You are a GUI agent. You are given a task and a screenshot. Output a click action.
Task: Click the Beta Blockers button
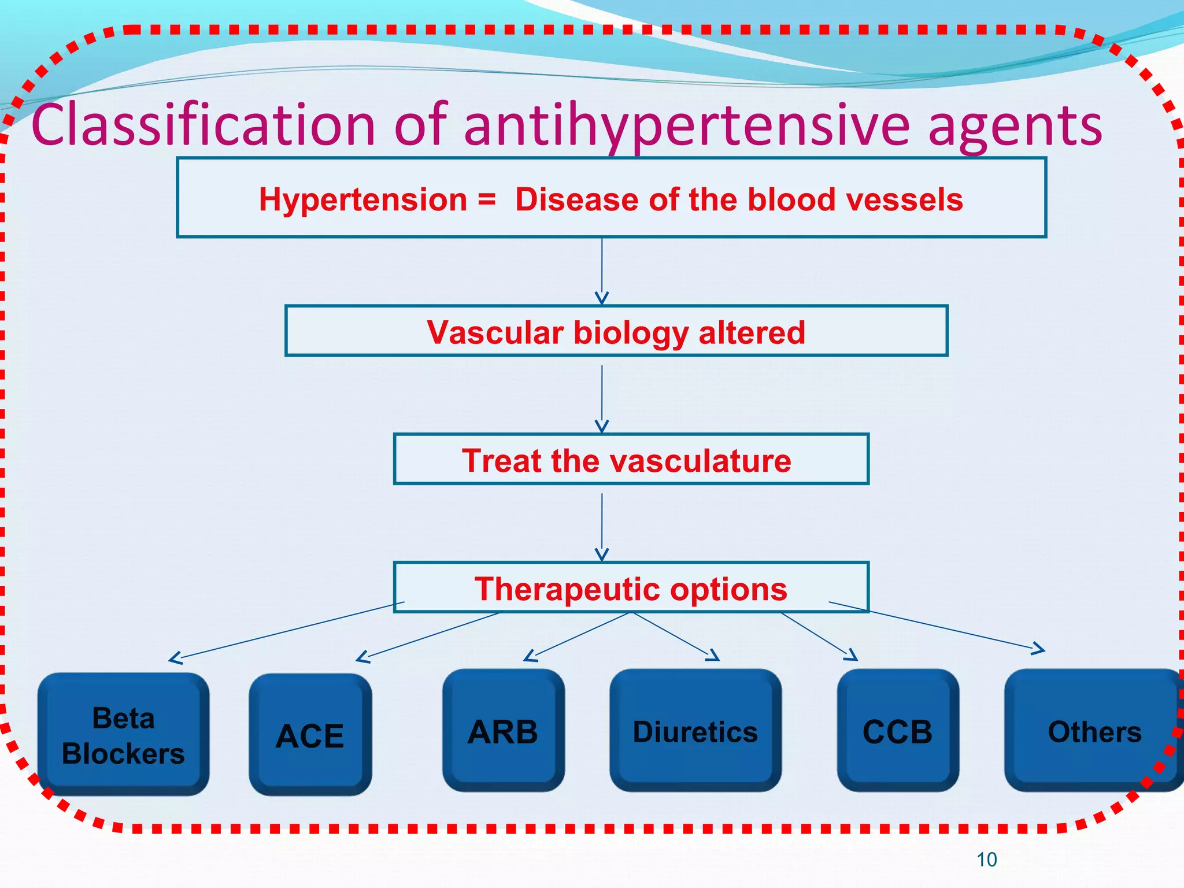pyautogui.click(x=123, y=735)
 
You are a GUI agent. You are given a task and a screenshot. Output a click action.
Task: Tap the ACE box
pyautogui.click(x=310, y=735)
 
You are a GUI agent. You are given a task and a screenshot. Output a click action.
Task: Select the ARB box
pyautogui.click(x=503, y=731)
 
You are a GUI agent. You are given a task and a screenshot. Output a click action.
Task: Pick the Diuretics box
pyautogui.click(x=695, y=731)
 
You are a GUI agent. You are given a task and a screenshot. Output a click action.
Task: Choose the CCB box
pyautogui.click(x=897, y=731)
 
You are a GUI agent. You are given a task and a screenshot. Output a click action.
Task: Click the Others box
pyautogui.click(x=1094, y=731)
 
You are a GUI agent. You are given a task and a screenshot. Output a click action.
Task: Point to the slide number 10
pyautogui.click(x=986, y=860)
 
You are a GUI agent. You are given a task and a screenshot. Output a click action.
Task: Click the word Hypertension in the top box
pyautogui.click(x=363, y=200)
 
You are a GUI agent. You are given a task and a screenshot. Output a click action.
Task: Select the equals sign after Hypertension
pyautogui.click(x=487, y=200)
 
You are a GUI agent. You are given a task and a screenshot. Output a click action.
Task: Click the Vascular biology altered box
pyautogui.click(x=616, y=332)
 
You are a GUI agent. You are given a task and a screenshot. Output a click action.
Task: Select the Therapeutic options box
pyautogui.click(x=630, y=589)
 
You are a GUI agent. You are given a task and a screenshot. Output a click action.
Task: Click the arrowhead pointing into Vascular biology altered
pyautogui.click(x=602, y=298)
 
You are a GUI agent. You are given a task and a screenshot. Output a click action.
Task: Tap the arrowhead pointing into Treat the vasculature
pyautogui.click(x=602, y=427)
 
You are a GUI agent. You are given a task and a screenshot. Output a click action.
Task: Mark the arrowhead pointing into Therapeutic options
pyautogui.click(x=602, y=555)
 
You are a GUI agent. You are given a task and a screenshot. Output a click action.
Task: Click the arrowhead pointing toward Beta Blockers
pyautogui.click(x=174, y=658)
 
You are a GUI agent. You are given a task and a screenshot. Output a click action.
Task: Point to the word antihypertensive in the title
pyautogui.click(x=687, y=125)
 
